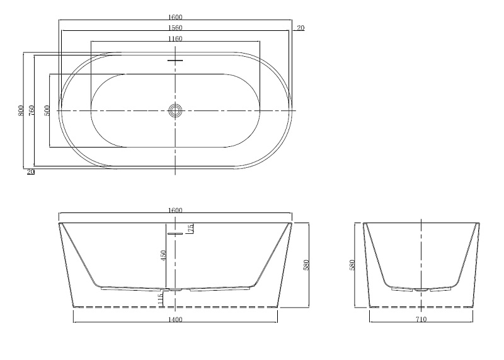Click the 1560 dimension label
pos(175,28)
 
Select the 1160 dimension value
pos(175,39)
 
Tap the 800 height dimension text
pos(21,110)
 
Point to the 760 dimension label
pos(31,110)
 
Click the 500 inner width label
pos(47,110)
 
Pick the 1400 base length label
pos(175,320)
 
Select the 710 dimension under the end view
pos(421,320)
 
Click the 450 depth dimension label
pos(163,255)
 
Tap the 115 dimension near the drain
pos(161,299)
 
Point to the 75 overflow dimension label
pos(191,228)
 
